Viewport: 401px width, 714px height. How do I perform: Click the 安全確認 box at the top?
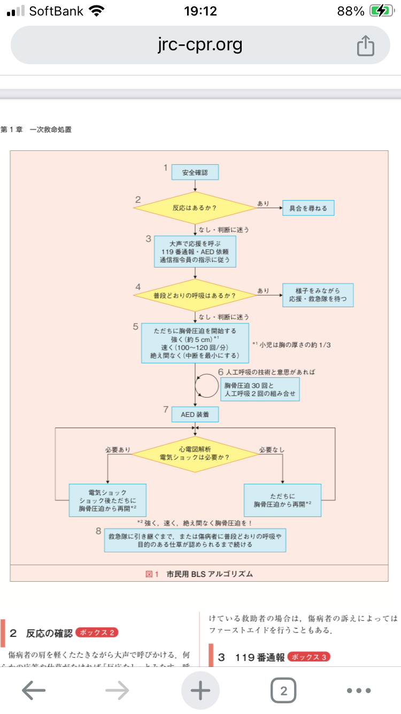(x=195, y=172)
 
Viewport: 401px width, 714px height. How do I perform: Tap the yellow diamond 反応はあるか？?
(x=195, y=208)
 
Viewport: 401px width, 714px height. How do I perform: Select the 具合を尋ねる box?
(x=309, y=208)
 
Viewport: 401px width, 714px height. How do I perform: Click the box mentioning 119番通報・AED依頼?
(x=195, y=250)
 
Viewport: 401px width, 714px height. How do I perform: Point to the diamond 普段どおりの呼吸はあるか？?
(x=195, y=295)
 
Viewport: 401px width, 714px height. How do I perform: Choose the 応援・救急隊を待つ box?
(x=318, y=295)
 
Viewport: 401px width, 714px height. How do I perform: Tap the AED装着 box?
(x=195, y=414)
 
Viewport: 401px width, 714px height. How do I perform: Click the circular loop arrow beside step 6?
(x=206, y=385)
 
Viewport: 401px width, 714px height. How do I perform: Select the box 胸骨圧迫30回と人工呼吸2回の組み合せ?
(x=260, y=389)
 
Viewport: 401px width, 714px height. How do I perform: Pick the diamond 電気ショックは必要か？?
(x=195, y=454)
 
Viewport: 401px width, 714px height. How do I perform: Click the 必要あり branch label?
(x=118, y=450)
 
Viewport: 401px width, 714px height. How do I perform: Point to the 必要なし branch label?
(x=272, y=450)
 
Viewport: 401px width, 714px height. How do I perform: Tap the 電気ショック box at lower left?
(x=108, y=500)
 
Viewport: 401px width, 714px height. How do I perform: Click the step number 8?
(x=98, y=531)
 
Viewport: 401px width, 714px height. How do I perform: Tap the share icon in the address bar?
(x=365, y=45)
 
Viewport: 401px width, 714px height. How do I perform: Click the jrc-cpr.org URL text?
(x=200, y=45)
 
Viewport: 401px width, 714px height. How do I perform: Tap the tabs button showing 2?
(x=283, y=690)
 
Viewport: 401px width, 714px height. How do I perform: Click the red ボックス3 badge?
(x=309, y=657)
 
